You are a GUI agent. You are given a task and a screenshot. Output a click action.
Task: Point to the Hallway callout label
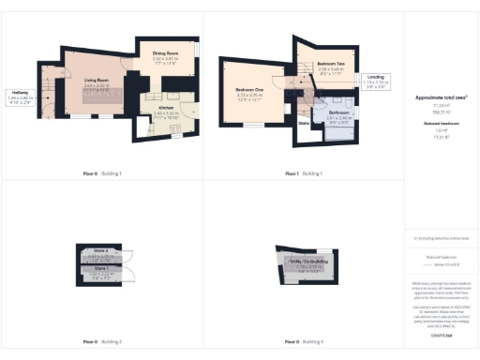tap(19, 91)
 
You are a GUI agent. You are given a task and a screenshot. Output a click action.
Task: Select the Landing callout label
tap(376, 76)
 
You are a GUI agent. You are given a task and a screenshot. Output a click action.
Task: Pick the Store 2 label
tap(101, 252)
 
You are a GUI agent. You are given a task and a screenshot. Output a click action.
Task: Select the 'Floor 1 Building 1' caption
tap(305, 173)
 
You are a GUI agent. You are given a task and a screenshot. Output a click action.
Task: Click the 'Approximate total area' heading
tap(441, 97)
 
